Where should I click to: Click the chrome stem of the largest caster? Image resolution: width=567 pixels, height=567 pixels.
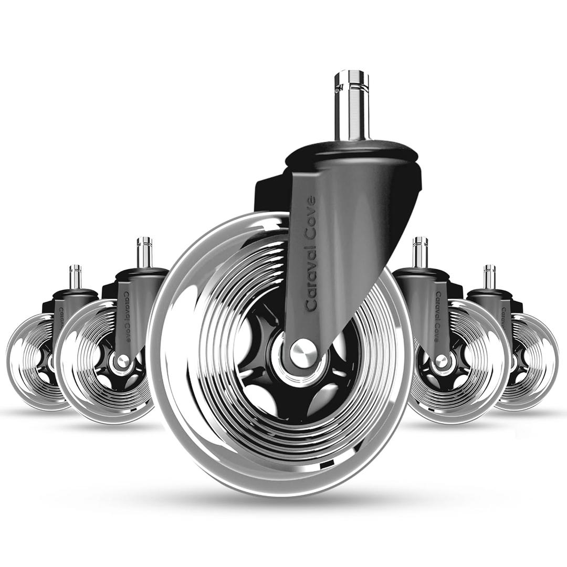pyautogui.click(x=351, y=113)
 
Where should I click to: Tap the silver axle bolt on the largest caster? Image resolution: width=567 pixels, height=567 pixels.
pyautogui.click(x=303, y=353)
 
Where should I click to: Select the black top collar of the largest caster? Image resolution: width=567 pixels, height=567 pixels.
pyautogui.click(x=352, y=152)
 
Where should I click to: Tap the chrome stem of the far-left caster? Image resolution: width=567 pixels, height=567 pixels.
pyautogui.click(x=76, y=277)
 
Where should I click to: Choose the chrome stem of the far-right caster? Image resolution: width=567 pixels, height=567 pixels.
pyautogui.click(x=489, y=277)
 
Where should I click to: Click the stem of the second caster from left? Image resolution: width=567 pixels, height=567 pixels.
pyautogui.click(x=144, y=253)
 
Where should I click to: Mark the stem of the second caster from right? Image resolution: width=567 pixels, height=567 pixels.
pyautogui.click(x=420, y=253)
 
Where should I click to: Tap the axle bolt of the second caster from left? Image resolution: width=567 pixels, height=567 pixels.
pyautogui.click(x=123, y=361)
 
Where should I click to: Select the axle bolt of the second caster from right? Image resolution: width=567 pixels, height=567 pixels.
pyautogui.click(x=442, y=361)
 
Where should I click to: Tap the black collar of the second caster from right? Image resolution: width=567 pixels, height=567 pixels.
pyautogui.click(x=420, y=275)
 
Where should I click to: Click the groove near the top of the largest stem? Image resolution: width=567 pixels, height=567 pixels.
pyautogui.click(x=351, y=83)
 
